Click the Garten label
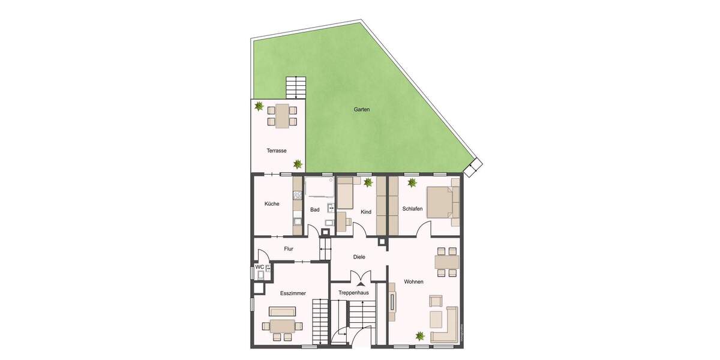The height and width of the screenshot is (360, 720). coord(362,110)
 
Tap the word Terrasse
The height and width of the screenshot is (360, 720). coord(277,151)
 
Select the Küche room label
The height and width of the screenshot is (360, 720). coord(272,204)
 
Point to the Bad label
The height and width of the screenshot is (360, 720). coord(315,210)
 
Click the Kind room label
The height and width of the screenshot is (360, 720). coord(366,212)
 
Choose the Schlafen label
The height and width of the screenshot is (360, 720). coord(413,209)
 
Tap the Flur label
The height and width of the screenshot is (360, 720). coord(288,249)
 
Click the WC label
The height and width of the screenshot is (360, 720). coord(260,267)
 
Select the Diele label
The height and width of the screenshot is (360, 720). coord(359,257)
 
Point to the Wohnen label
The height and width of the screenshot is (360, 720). coord(414,281)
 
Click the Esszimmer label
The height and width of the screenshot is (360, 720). coord(293,293)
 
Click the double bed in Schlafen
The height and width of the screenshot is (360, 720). coord(442,202)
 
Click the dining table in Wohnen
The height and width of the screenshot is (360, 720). coord(447,262)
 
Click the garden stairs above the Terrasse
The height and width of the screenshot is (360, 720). coord(296,88)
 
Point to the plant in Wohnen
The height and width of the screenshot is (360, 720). coord(419,337)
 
